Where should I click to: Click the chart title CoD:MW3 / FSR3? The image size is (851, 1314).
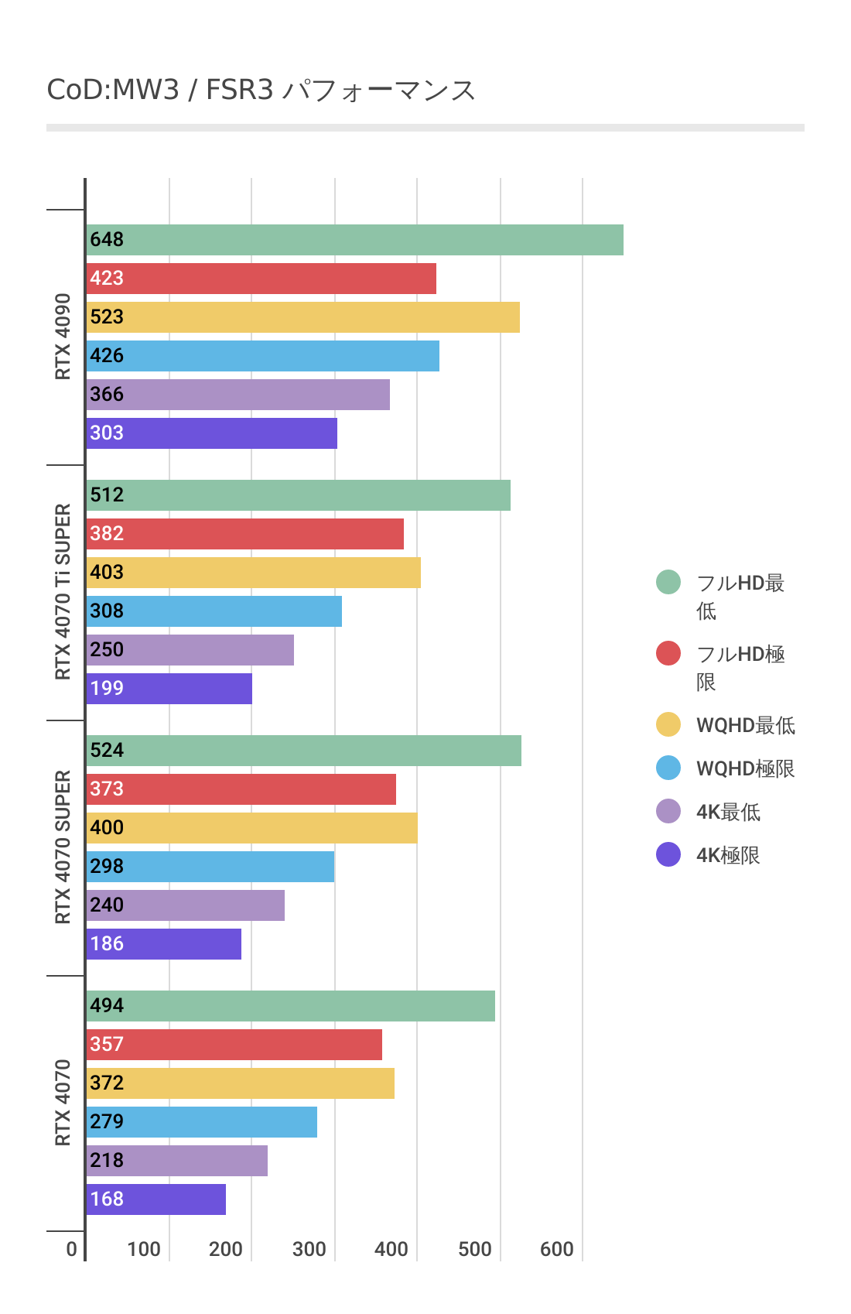pyautogui.click(x=261, y=91)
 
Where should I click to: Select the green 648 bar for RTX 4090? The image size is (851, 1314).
pyautogui.click(x=354, y=240)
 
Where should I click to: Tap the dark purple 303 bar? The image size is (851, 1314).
pyautogui.click(x=211, y=433)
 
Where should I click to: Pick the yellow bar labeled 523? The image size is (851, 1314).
pyautogui.click(x=302, y=317)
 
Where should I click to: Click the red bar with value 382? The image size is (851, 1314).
pyautogui.click(x=244, y=534)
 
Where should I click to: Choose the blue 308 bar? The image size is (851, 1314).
pyautogui.click(x=214, y=611)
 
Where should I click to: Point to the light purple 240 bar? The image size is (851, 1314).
pyautogui.click(x=185, y=905)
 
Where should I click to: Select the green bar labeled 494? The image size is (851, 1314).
pyautogui.click(x=290, y=1006)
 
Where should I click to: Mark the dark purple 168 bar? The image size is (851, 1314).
pyautogui.click(x=156, y=1199)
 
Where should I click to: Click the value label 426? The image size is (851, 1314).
pyautogui.click(x=107, y=356)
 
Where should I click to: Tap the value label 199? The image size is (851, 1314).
pyautogui.click(x=107, y=689)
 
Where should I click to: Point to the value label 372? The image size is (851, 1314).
pyautogui.click(x=107, y=1083)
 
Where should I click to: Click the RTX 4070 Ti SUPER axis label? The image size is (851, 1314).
pyautogui.click(x=63, y=592)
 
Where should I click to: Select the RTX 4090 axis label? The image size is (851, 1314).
pyautogui.click(x=63, y=337)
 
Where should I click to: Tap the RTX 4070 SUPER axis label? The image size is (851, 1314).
pyautogui.click(x=63, y=847)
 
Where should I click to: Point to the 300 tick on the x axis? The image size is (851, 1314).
pyautogui.click(x=309, y=1249)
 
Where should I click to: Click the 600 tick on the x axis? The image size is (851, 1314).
pyautogui.click(x=556, y=1249)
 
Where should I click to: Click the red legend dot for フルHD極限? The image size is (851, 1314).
pyautogui.click(x=668, y=653)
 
